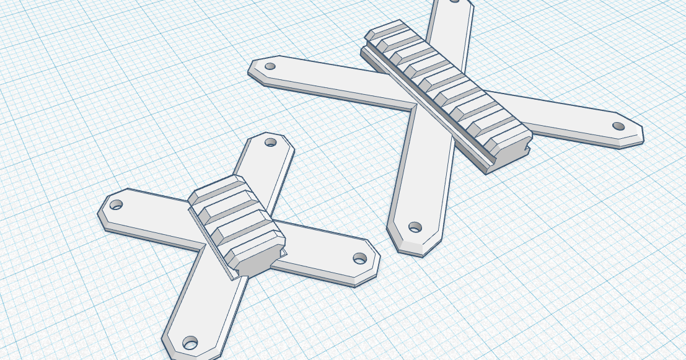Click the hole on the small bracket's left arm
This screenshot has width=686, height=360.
pos(116,204)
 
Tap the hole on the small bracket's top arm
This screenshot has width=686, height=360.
pos(271,142)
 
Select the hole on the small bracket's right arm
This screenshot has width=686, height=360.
pos(359,258)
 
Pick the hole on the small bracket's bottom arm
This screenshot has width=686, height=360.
pos(190,342)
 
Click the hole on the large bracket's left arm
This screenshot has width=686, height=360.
pos(270,66)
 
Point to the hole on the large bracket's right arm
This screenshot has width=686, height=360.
pos(618,126)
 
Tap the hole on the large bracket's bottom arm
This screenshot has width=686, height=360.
pos(415,227)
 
